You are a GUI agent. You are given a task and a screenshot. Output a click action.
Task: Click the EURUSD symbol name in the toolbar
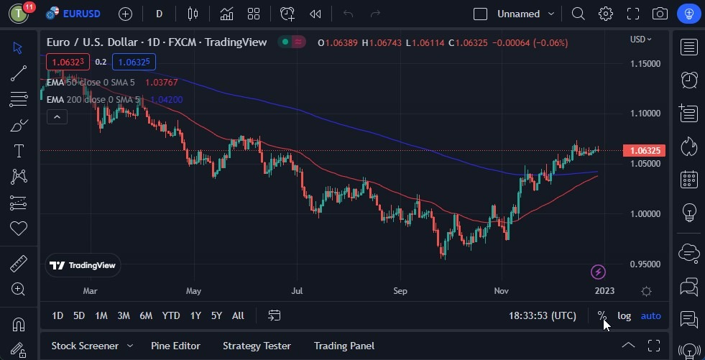tap(81, 14)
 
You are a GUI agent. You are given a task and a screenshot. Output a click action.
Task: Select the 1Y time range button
tap(195, 315)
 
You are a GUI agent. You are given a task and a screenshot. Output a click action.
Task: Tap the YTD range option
tap(171, 315)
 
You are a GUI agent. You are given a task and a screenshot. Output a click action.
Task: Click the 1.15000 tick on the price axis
tap(645, 63)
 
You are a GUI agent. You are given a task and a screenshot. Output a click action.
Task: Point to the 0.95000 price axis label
tap(645, 264)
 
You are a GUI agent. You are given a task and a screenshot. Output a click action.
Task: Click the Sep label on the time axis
tap(400, 291)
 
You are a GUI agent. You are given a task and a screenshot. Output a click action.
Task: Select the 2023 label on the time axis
tap(604, 291)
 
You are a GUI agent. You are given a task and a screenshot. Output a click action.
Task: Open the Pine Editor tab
tap(175, 346)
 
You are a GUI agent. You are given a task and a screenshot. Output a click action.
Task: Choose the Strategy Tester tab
tap(257, 346)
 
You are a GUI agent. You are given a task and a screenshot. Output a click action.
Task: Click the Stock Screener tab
tap(85, 346)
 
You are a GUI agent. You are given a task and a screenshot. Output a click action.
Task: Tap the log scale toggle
tap(624, 315)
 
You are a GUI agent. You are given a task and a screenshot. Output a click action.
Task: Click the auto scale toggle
tap(650, 315)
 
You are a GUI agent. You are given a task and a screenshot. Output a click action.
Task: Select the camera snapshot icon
tap(660, 14)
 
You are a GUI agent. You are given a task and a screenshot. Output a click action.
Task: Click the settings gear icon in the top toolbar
tap(606, 14)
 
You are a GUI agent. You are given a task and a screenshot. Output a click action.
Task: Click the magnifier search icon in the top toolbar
tap(578, 14)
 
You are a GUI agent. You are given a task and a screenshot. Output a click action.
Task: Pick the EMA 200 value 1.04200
tap(166, 99)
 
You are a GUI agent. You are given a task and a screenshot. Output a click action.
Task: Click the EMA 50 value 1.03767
tap(161, 82)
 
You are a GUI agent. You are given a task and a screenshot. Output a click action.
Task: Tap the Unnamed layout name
tap(518, 14)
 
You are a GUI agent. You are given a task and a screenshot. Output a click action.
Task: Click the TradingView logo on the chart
tap(83, 265)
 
